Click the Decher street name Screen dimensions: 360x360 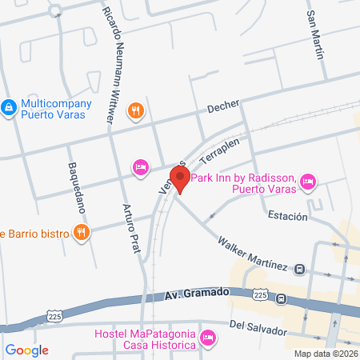(x=223, y=108)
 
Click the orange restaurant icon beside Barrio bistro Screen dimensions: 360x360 (x=81, y=233)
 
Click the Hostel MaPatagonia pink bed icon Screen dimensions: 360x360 (x=208, y=338)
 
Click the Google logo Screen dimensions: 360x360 (x=27, y=350)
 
